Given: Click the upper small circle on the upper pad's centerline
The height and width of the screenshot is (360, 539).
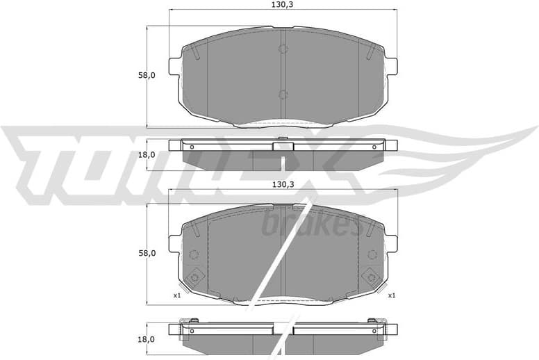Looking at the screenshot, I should click(x=283, y=49).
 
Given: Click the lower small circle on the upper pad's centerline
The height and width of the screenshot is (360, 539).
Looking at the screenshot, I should click(x=283, y=95).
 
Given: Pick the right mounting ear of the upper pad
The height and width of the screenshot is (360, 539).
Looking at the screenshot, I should click(x=391, y=65).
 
